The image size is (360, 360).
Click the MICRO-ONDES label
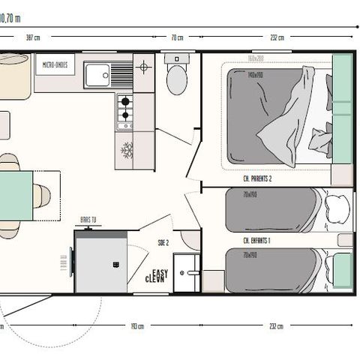(55, 65)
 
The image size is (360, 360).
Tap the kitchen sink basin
(97, 73)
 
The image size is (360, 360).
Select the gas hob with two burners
(124, 109)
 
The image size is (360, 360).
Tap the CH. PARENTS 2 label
(256, 178)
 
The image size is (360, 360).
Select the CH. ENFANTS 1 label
(257, 240)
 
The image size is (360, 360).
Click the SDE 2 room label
(162, 242)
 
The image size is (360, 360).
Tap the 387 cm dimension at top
(32, 37)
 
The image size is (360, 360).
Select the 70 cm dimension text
(177, 37)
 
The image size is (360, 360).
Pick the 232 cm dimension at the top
(275, 37)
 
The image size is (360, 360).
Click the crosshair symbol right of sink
(144, 67)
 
